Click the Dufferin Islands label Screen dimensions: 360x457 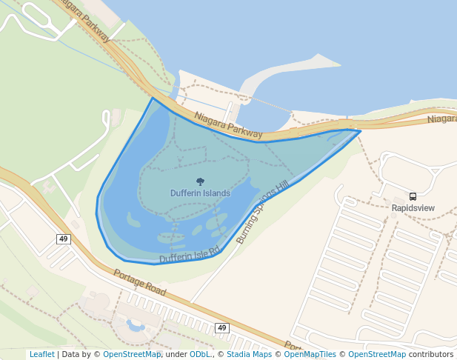click(200, 193)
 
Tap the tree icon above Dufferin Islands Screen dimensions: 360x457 click(200, 181)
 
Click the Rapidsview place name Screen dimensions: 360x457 click(413, 208)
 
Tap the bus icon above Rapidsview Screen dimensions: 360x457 click(413, 197)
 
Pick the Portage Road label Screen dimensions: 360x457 click(139, 282)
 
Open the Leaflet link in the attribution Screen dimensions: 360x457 click(41, 354)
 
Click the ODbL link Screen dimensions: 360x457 click(200, 354)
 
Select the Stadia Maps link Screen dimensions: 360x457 click(249, 354)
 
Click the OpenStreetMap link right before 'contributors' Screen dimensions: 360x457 click(377, 354)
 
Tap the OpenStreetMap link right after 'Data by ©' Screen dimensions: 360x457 click(132, 354)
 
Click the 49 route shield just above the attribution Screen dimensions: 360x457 click(222, 327)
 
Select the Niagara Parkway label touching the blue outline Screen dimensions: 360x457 click(228, 125)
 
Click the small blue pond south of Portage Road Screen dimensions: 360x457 click(136, 325)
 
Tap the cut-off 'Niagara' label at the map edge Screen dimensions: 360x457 click(442, 119)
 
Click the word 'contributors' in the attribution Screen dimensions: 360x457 click(430, 354)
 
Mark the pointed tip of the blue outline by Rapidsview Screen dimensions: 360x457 click(360, 131)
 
